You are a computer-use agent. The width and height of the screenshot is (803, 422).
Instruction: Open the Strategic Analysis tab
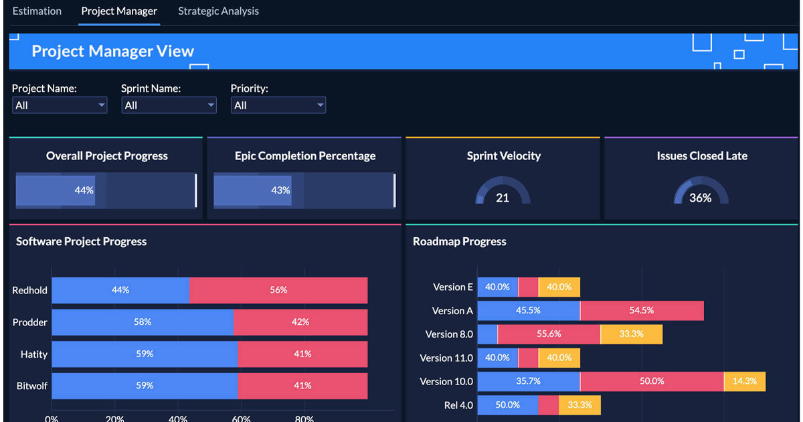[x=218, y=11]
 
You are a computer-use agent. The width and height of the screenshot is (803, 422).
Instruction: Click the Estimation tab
[x=37, y=11]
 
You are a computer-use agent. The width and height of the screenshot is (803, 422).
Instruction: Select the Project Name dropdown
[x=60, y=105]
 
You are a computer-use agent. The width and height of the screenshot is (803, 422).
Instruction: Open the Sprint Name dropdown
[x=169, y=105]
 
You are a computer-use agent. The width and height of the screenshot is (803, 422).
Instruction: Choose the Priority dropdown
[x=278, y=105]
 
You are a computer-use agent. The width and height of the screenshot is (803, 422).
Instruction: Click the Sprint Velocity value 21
[x=503, y=198]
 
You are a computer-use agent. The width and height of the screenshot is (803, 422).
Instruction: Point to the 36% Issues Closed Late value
[x=701, y=198]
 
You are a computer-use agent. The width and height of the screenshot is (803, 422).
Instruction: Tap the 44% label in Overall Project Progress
[x=84, y=190]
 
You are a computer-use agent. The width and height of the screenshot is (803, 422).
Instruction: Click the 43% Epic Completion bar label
[x=280, y=190]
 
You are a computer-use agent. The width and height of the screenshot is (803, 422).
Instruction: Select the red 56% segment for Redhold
[x=278, y=290]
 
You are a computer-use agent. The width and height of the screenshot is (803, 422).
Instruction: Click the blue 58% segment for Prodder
[x=143, y=322]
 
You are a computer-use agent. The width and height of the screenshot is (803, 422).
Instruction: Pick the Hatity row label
[x=33, y=354]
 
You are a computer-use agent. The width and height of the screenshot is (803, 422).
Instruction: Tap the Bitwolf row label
[x=32, y=386]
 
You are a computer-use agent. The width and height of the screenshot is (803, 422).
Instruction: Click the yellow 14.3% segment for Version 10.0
[x=745, y=381]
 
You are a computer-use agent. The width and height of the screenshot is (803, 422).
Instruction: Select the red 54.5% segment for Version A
[x=642, y=311]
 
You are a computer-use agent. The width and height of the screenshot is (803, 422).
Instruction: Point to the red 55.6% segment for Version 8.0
[x=549, y=334]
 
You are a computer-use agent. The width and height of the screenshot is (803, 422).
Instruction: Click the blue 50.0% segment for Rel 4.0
[x=508, y=405]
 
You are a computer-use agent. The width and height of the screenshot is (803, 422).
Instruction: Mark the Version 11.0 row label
[x=446, y=358]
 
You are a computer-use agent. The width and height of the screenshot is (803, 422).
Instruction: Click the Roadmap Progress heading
[x=460, y=241]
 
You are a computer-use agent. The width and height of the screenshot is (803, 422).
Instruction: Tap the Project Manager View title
[x=113, y=51]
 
